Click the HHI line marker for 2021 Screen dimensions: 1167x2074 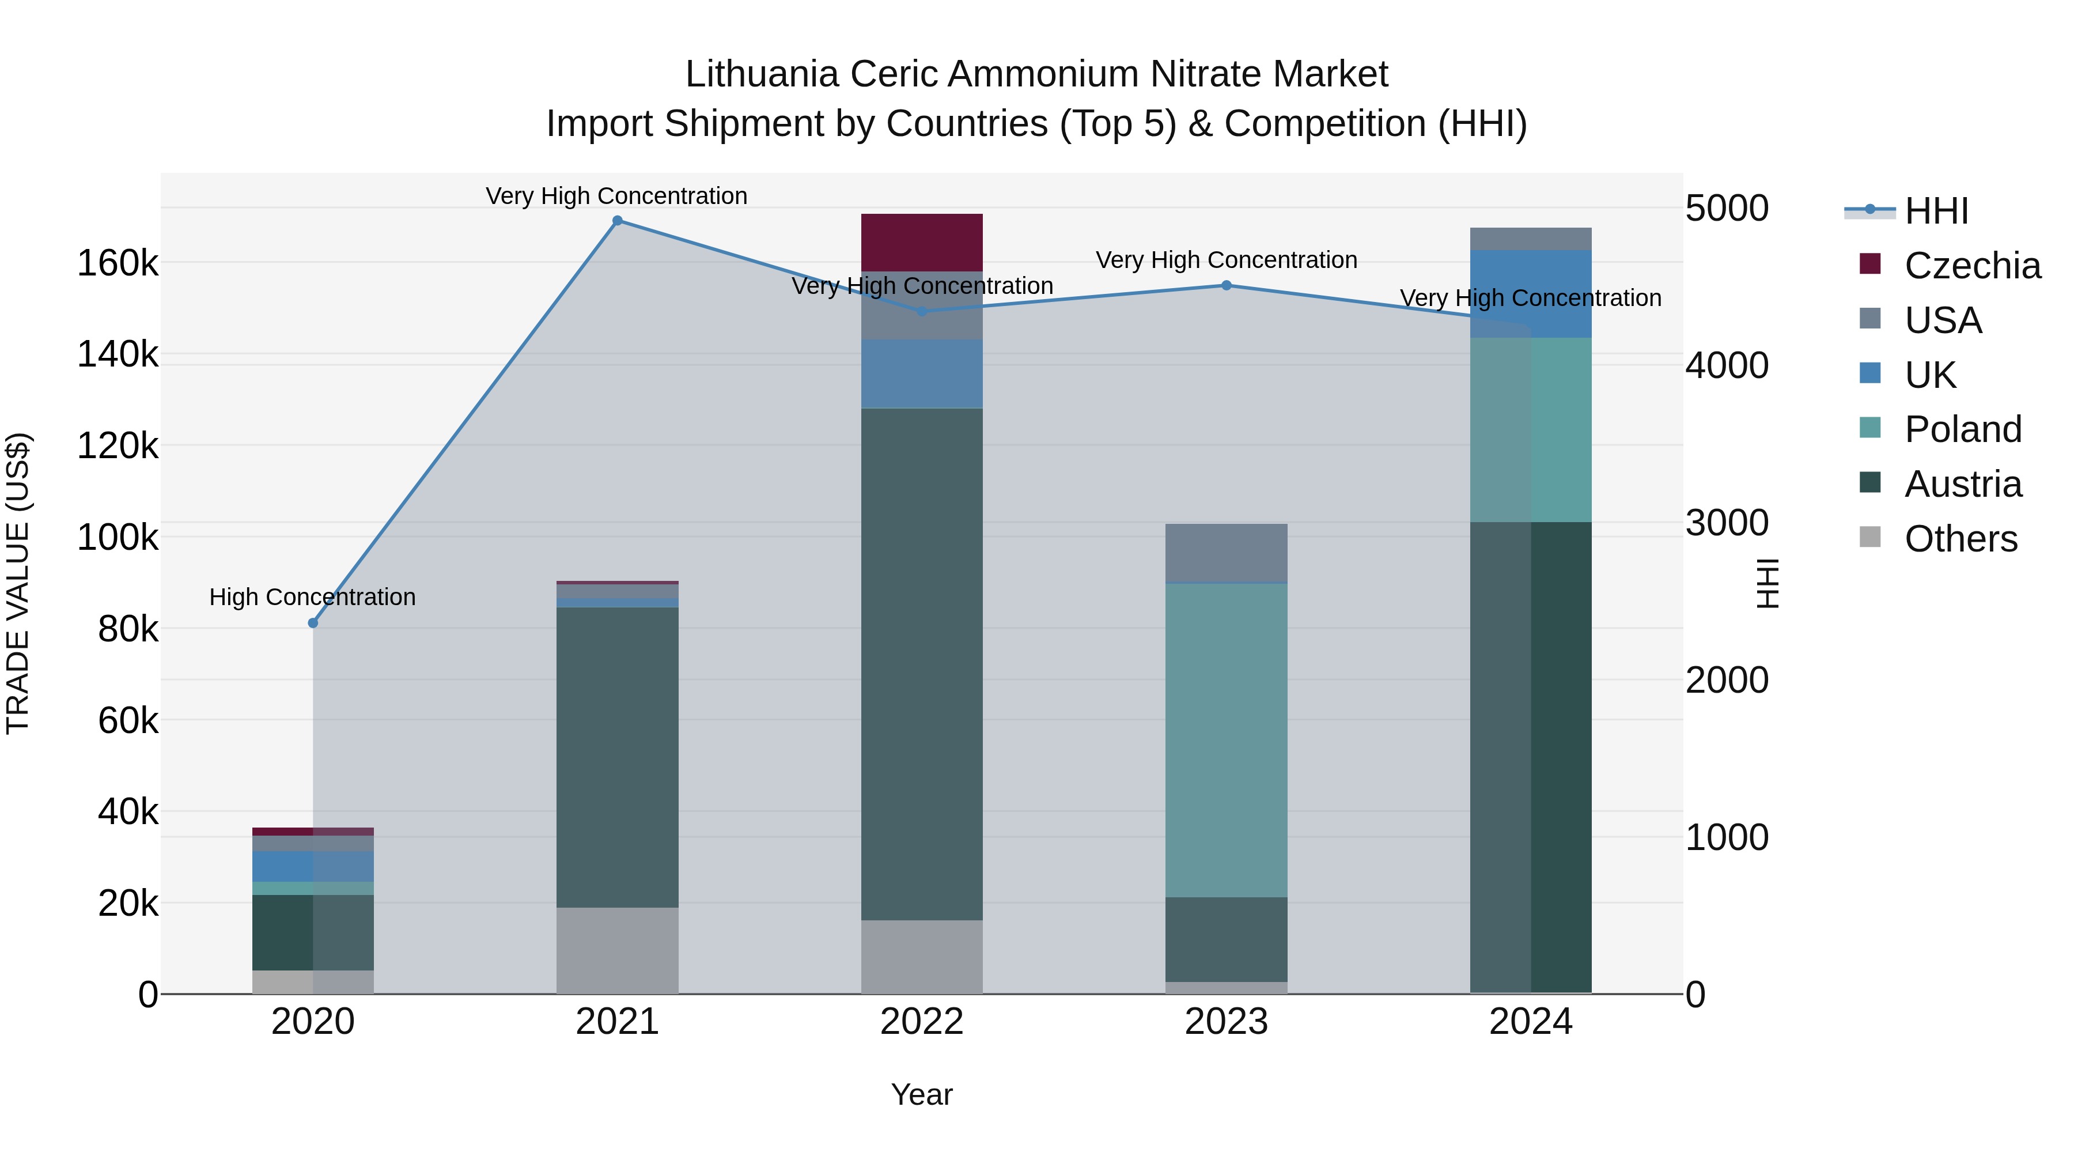click(x=618, y=221)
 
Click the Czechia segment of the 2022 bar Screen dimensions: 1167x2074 click(x=922, y=243)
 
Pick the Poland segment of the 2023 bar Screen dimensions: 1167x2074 click(x=1226, y=739)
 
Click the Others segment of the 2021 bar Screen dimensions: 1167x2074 click(x=618, y=950)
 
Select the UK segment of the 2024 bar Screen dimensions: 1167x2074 click(x=1531, y=294)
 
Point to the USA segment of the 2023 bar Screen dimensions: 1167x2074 click(x=1226, y=553)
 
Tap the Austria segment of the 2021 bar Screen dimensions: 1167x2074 click(x=618, y=757)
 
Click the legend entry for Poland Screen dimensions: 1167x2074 click(x=1963, y=429)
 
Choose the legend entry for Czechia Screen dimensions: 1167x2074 click(x=1973, y=266)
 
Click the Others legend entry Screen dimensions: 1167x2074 click(x=1961, y=539)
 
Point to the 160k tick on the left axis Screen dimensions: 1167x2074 click(x=118, y=263)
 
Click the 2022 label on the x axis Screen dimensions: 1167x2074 click(x=922, y=1022)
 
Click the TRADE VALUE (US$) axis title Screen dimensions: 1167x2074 click(x=18, y=583)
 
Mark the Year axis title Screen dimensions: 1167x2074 click(x=922, y=1094)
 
